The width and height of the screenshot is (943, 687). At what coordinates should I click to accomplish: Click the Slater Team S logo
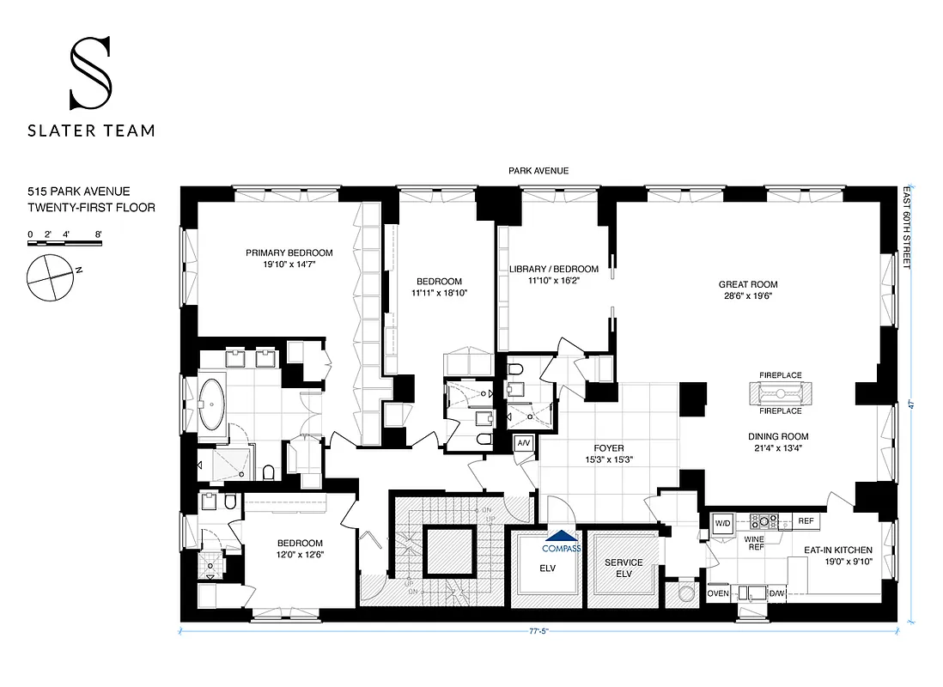(x=89, y=74)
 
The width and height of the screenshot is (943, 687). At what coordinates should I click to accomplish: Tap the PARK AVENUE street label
(x=538, y=171)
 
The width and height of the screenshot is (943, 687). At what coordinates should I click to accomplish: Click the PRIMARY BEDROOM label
(x=289, y=252)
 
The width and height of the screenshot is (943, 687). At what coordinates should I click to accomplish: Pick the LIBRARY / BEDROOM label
(x=553, y=268)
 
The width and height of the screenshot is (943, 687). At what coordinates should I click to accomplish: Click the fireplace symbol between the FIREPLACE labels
(x=780, y=393)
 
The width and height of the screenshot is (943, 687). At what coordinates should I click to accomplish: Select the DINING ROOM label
(x=777, y=436)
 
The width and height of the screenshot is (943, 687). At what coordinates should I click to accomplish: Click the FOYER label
(x=609, y=448)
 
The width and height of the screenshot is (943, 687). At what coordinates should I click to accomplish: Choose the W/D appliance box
(x=721, y=522)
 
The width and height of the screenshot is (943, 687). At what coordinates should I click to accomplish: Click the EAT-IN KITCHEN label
(x=837, y=550)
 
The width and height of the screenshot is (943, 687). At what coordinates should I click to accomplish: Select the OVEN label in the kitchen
(x=718, y=593)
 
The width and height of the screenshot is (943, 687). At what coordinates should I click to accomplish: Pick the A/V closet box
(x=523, y=443)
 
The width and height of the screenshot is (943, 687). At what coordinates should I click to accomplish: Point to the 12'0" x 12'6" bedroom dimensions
(x=300, y=556)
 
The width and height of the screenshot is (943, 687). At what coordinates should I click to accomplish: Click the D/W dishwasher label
(x=776, y=593)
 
